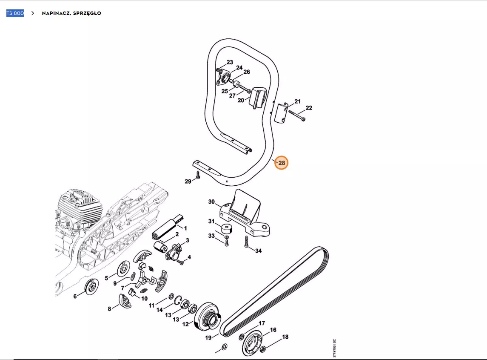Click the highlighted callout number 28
click(282, 163)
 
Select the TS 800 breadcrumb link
click(15, 13)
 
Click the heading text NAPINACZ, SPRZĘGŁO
click(71, 13)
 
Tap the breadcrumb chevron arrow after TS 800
click(33, 13)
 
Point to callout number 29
click(188, 181)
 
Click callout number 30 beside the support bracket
click(211, 202)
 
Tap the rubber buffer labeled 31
click(227, 230)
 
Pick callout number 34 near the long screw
click(259, 251)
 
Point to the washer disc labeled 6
click(91, 287)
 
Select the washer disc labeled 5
click(124, 268)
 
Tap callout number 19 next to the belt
click(208, 337)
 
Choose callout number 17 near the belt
click(262, 323)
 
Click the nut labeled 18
click(262, 349)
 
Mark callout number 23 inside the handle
click(230, 62)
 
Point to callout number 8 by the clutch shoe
click(109, 309)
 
